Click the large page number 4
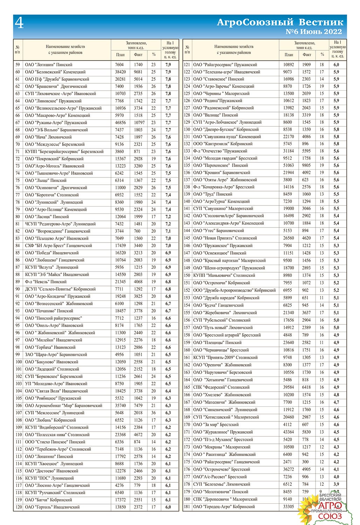pos(20,23)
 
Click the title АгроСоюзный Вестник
pos(280,22)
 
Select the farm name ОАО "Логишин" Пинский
pos(49,65)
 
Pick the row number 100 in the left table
pos(18,362)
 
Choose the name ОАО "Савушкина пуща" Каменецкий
pos(227,136)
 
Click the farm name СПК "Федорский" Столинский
pos(221,387)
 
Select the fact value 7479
pos(138,405)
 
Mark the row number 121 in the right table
pos(187,64)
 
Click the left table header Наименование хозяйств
pos(65,47)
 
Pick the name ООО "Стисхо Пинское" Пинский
pos(55,442)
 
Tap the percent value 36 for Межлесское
pos(153,413)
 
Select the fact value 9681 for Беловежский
pos(138,72)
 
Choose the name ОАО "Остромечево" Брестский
pos(222,469)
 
